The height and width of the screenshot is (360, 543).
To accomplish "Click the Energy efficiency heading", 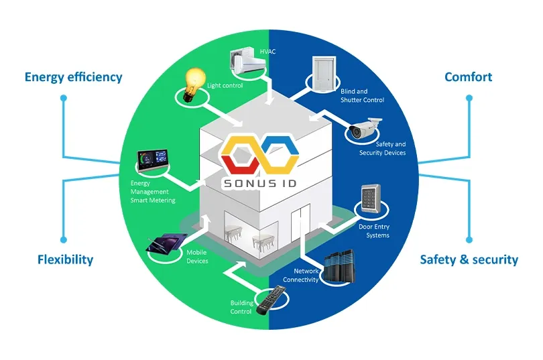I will point(74,77).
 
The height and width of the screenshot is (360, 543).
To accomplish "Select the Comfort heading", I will point(468,77).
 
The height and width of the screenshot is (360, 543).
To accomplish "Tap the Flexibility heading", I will point(65,259).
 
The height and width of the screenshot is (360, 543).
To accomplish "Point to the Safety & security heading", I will point(469,259).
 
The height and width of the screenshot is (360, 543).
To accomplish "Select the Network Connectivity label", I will point(300,276).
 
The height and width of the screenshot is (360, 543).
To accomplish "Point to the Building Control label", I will point(241,307).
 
